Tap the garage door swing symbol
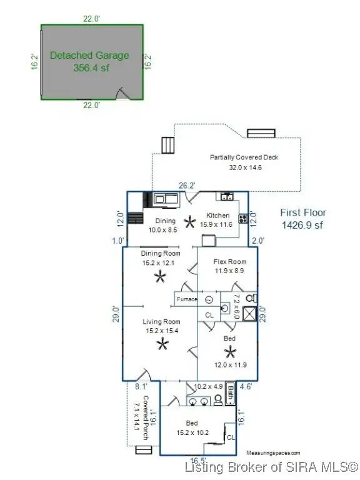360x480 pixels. click(124, 94)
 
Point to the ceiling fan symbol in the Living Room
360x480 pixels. click(162, 343)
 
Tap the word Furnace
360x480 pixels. click(186, 299)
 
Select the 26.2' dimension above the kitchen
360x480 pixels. click(187, 186)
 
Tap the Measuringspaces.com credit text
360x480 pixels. click(273, 452)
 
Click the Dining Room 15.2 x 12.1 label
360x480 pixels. click(161, 257)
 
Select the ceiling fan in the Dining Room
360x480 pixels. click(161, 277)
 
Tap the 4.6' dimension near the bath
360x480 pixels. click(246, 387)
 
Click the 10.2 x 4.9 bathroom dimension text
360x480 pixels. click(209, 386)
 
